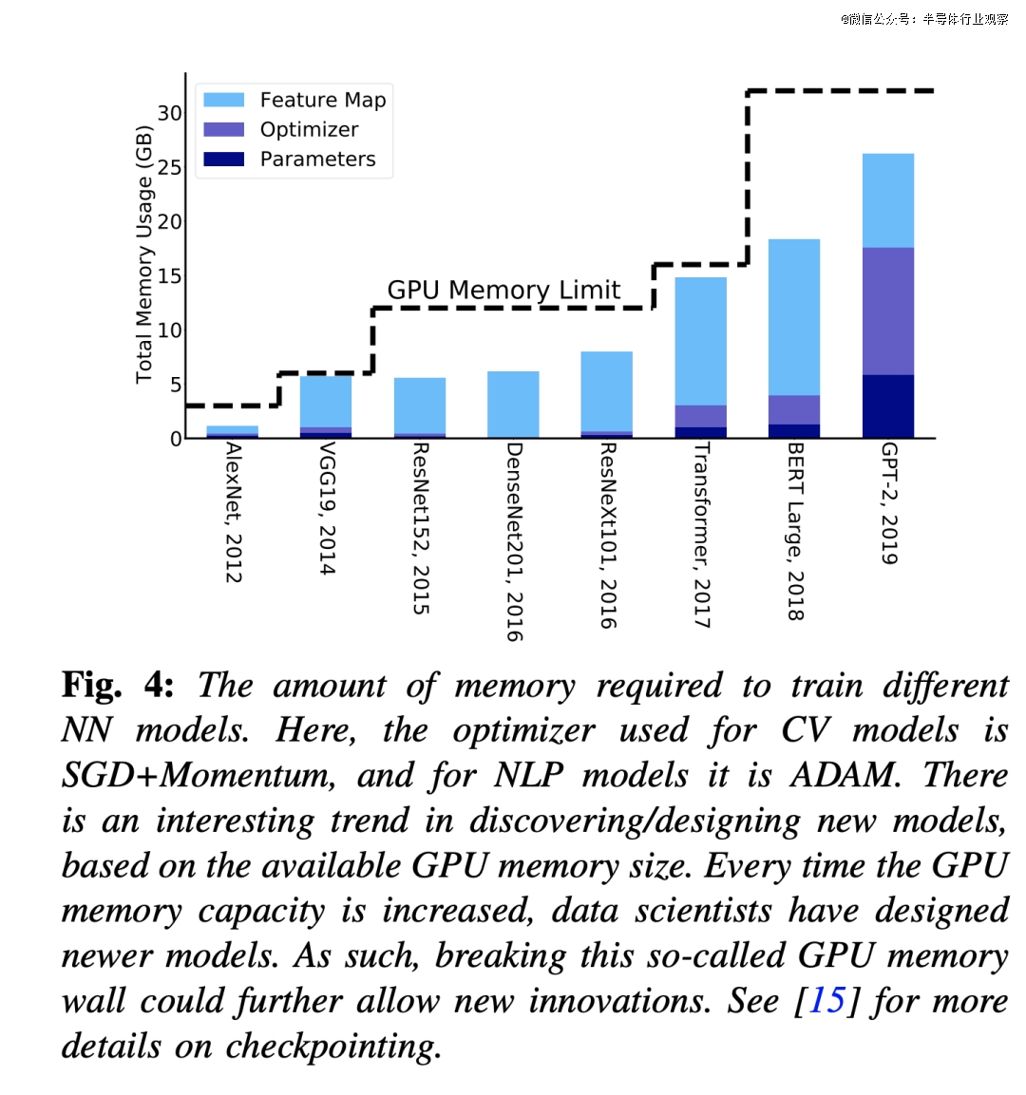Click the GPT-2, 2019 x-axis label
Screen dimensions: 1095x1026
[x=889, y=503]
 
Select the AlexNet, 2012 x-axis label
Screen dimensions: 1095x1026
[x=233, y=513]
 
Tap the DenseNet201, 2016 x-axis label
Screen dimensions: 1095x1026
[x=514, y=541]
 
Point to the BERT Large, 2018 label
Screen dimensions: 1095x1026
[x=796, y=532]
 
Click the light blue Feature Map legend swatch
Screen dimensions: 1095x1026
[x=224, y=100]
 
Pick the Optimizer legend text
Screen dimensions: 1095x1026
[x=309, y=129]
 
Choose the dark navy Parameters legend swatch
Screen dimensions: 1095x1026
[x=224, y=159]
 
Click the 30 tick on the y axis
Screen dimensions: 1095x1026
[x=169, y=113]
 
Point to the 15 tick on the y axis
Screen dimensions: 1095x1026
[x=169, y=276]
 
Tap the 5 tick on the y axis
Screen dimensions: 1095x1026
[x=175, y=385]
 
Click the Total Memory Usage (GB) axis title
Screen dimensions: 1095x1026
[x=143, y=255]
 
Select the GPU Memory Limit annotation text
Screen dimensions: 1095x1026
[x=503, y=290]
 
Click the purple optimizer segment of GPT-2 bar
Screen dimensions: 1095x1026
[x=888, y=311]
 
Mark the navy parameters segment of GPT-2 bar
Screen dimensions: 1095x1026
[x=888, y=406]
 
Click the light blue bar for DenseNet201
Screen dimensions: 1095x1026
[x=513, y=404]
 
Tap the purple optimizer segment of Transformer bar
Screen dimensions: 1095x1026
[x=700, y=416]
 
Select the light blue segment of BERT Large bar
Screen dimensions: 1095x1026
[x=794, y=316]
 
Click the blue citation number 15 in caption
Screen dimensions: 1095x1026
[x=826, y=1000]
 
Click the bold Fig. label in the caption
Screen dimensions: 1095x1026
[x=92, y=685]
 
